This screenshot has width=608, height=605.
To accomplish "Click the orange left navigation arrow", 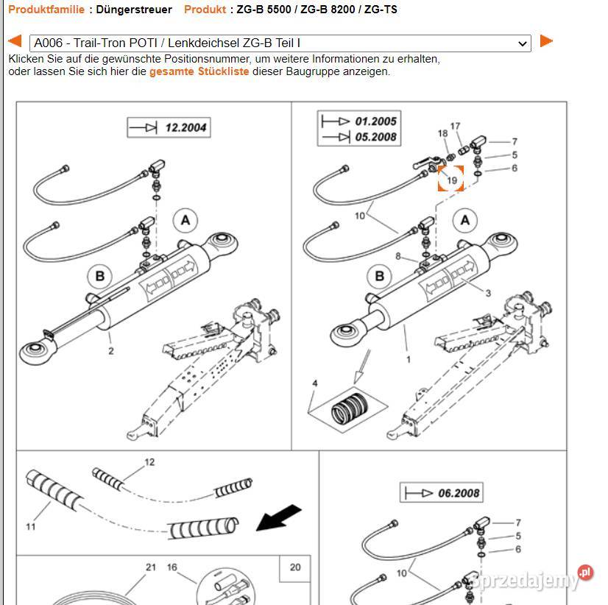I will (14, 42).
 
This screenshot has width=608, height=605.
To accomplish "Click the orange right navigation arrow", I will (545, 41).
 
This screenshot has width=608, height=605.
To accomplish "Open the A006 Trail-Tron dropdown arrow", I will (523, 43).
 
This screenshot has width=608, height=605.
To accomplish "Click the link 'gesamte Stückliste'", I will (199, 71).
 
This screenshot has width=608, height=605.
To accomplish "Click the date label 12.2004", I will (185, 127).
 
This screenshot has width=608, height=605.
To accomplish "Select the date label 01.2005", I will (375, 121).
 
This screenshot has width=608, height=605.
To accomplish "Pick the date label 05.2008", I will (375, 137).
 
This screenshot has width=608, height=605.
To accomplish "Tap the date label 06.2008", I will (459, 493).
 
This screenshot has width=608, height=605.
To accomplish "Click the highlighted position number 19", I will (451, 179).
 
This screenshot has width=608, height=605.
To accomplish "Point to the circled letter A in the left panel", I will (185, 219).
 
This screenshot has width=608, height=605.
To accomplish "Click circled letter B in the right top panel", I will (380, 277).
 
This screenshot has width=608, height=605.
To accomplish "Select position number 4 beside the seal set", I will (314, 384).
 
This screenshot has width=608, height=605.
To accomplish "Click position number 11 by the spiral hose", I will (31, 526).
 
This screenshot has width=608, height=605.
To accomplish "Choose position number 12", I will (149, 462).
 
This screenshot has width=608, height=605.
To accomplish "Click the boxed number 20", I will (295, 567).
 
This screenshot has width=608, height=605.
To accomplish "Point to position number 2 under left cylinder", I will (111, 351).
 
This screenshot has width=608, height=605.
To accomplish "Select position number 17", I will (455, 127).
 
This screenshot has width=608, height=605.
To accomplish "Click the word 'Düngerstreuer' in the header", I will (135, 10).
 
